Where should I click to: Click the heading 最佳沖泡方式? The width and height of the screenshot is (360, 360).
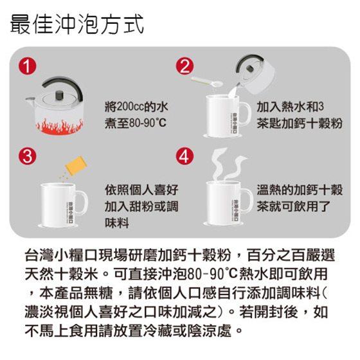tap(77, 24)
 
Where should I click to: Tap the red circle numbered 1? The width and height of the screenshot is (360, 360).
tap(28, 66)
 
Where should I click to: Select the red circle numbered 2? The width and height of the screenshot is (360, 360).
tap(184, 66)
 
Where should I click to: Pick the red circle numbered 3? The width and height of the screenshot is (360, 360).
tap(28, 156)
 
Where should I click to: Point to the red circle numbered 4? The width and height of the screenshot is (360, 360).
tap(184, 156)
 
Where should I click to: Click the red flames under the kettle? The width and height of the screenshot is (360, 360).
tap(59, 127)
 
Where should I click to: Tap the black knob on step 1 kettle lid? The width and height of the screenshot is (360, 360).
tap(59, 95)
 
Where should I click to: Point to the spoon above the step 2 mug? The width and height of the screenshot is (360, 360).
tap(206, 82)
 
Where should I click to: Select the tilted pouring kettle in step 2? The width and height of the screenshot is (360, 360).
tap(254, 74)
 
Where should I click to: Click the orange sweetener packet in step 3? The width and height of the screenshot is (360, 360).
tap(76, 165)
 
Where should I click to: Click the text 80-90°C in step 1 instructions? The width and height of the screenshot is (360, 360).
tap(148, 123)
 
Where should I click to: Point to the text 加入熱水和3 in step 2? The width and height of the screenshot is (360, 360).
tap(290, 107)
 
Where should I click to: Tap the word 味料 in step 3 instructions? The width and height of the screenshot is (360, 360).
tap(117, 222)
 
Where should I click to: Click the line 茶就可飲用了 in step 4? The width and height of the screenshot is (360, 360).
tap(294, 206)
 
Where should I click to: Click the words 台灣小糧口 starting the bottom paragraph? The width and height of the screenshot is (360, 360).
tap(61, 255)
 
